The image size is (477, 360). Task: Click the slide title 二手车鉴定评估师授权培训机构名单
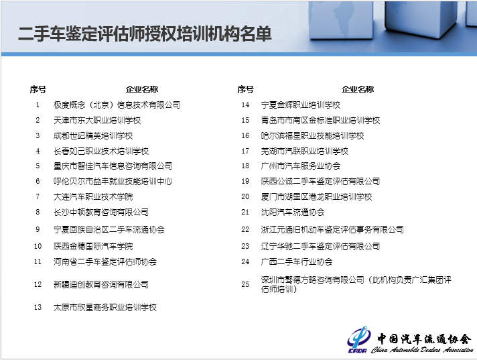[145, 34]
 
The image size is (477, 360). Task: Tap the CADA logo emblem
[358, 340]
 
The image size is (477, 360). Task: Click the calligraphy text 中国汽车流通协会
[424, 339]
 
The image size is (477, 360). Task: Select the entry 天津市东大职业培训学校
[97, 121]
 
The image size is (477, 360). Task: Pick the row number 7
[38, 196]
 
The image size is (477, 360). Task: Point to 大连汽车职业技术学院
[93, 197]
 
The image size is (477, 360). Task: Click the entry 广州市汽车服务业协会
[301, 166]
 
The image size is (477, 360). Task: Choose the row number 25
[245, 284]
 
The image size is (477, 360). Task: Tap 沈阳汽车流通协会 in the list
[293, 212]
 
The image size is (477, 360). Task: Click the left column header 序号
[38, 89]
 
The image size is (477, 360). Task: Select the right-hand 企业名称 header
[358, 89]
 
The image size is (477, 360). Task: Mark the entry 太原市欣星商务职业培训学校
[105, 307]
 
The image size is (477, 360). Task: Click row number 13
[38, 307]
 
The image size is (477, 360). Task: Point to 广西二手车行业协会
[297, 261]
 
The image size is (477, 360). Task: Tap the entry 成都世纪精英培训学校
[93, 135]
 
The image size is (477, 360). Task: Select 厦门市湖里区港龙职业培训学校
[316, 197]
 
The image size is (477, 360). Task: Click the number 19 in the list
[245, 182]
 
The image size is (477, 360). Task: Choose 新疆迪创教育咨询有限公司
[101, 284]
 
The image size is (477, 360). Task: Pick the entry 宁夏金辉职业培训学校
[301, 105]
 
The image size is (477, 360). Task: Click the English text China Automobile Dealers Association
[422, 350]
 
